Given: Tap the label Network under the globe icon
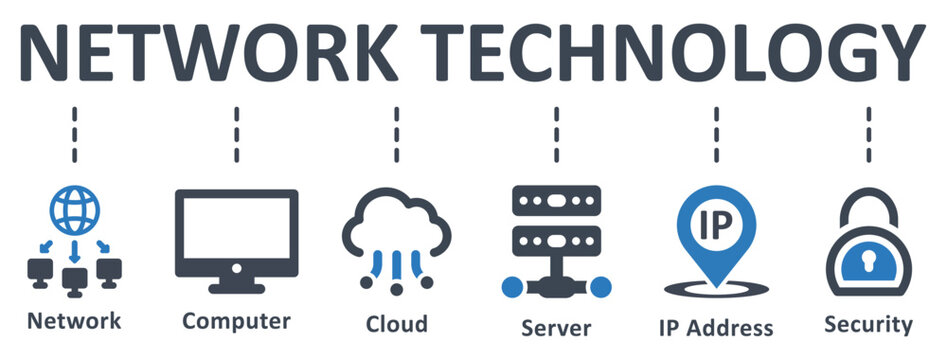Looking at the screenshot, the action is pyautogui.click(x=74, y=321).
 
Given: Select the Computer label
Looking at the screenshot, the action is pyautogui.click(x=236, y=321).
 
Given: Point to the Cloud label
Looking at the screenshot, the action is pyautogui.click(x=396, y=323).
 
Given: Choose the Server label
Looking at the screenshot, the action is pyautogui.click(x=556, y=327).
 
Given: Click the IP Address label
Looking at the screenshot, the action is pyautogui.click(x=715, y=327).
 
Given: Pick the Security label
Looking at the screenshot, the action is pyautogui.click(x=868, y=324).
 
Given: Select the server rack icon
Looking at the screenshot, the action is pyautogui.click(x=555, y=226).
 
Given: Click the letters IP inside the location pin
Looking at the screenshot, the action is pyautogui.click(x=716, y=221).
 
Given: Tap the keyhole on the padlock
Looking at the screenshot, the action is pyautogui.click(x=868, y=261).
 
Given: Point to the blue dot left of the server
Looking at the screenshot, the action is pyautogui.click(x=512, y=287).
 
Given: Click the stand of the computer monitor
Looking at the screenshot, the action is pyautogui.click(x=236, y=283).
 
